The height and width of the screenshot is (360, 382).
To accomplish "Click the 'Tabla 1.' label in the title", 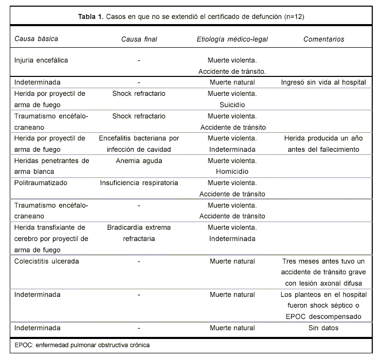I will [91, 17].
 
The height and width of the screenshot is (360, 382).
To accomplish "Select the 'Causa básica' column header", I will [36, 39].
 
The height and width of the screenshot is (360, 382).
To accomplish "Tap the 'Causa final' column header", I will [139, 39].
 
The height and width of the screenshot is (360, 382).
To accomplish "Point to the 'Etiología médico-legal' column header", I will [233, 39].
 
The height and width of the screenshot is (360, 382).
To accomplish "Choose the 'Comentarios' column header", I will [323, 39].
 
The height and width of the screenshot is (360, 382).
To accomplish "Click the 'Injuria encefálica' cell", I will [41, 60].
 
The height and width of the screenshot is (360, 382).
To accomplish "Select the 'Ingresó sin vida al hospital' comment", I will [323, 83].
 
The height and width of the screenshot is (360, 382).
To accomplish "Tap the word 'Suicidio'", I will [233, 105].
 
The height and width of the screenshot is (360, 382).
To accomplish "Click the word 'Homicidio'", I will [233, 171].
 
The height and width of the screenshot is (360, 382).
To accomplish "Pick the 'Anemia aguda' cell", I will [139, 161].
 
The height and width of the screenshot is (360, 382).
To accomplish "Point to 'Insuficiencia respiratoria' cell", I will [139, 183].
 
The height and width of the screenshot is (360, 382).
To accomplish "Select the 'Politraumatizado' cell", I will [41, 183].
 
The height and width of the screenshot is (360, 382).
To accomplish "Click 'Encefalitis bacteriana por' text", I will [139, 138].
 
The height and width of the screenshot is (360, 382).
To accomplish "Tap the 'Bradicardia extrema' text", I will [139, 227].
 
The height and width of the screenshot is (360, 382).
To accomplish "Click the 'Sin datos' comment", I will [323, 328].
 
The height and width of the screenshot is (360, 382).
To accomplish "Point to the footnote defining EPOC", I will [82, 345].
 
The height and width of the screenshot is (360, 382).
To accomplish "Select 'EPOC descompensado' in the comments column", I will [323, 316].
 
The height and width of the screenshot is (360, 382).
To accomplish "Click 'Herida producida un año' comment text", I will [323, 138].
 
